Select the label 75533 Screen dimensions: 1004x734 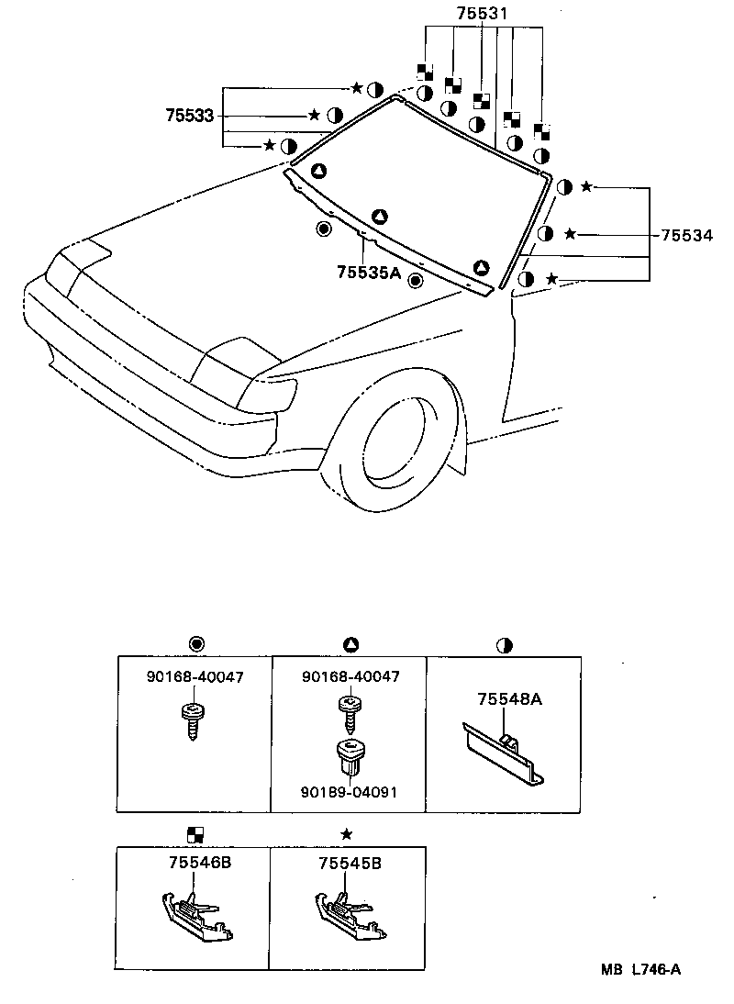(x=189, y=116)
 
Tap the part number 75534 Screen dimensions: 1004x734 (x=686, y=235)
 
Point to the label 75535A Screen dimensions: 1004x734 (x=369, y=272)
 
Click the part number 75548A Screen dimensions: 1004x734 (x=509, y=699)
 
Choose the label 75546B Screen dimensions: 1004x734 (x=200, y=864)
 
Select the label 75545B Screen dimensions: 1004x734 (x=350, y=864)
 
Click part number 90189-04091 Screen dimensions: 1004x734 (x=350, y=792)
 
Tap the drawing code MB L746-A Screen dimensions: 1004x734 (x=641, y=969)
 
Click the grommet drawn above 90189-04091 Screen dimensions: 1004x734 (x=349, y=755)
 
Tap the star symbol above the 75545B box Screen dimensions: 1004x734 (x=346, y=833)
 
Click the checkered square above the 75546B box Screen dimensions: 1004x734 (x=195, y=833)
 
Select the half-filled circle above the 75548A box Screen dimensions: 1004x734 (x=503, y=645)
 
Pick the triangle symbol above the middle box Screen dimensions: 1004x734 (x=349, y=645)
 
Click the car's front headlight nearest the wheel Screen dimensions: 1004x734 (x=268, y=396)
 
